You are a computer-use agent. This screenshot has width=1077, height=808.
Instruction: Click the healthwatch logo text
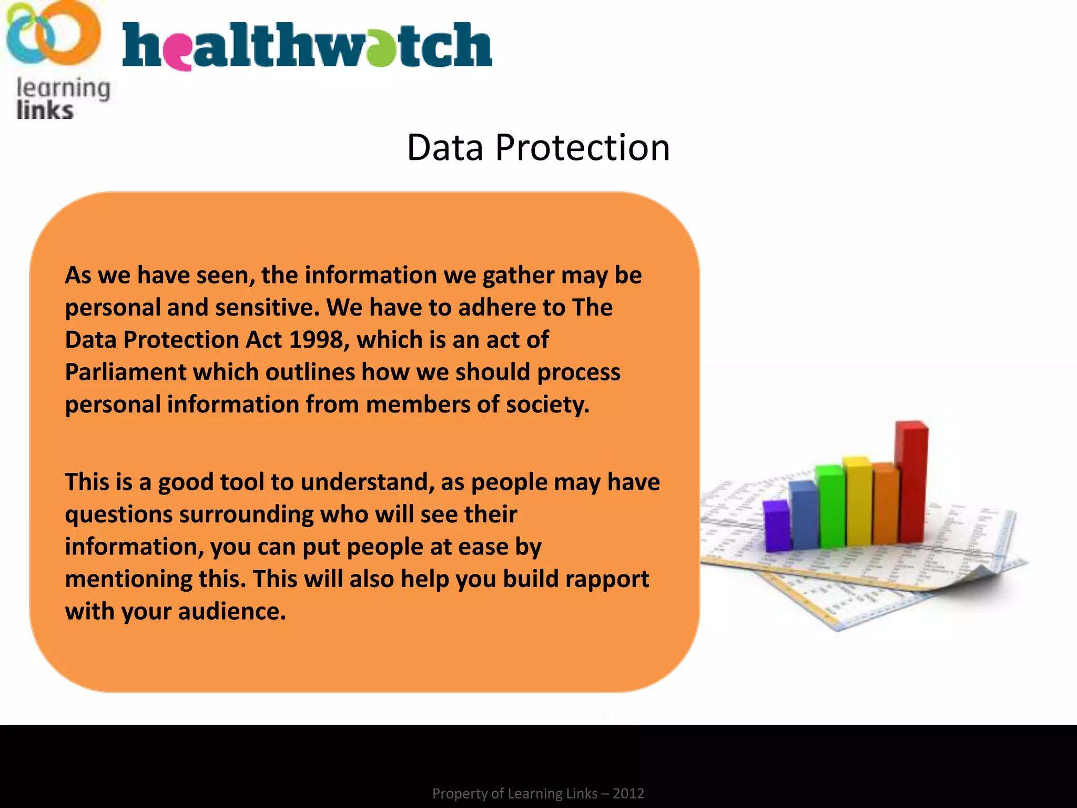[x=307, y=46]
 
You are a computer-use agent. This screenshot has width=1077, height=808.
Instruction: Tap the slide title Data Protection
[x=538, y=147]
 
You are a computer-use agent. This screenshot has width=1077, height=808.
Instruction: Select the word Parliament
[x=125, y=372]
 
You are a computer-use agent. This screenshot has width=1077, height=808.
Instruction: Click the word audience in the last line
[x=231, y=612]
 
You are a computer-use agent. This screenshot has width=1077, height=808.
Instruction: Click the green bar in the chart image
[x=831, y=505]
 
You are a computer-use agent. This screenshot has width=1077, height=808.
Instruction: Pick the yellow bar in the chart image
[x=858, y=500]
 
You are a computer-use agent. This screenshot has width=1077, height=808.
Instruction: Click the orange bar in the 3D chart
[x=886, y=502]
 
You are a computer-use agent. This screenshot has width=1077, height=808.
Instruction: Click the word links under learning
[x=45, y=111]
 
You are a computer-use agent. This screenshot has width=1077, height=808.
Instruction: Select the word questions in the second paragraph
[x=118, y=515]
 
